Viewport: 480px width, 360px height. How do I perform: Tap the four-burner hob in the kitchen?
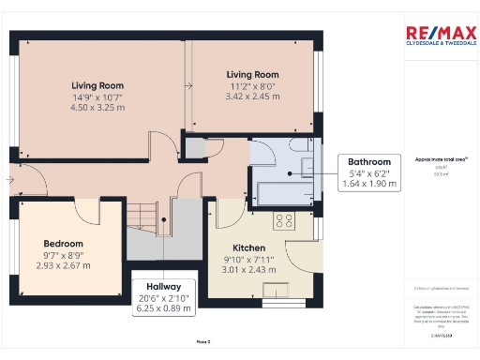[x=283, y=222]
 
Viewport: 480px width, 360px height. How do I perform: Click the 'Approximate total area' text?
[x=434, y=159]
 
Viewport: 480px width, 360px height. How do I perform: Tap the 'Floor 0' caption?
[x=202, y=341]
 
